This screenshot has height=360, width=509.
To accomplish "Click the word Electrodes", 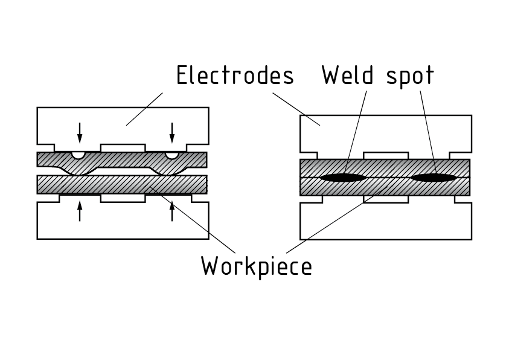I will click(x=235, y=76).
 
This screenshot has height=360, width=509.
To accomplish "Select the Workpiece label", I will click(x=257, y=266).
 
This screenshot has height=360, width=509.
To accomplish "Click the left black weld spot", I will click(x=342, y=178).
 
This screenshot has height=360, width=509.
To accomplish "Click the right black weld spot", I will click(x=433, y=178).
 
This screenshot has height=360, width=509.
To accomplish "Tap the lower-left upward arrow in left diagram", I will click(x=80, y=211).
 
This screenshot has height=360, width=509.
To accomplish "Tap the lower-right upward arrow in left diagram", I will click(x=172, y=211).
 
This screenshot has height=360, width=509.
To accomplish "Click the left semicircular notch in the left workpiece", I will click(x=78, y=155).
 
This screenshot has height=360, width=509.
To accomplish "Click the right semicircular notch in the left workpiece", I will click(x=172, y=155).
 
